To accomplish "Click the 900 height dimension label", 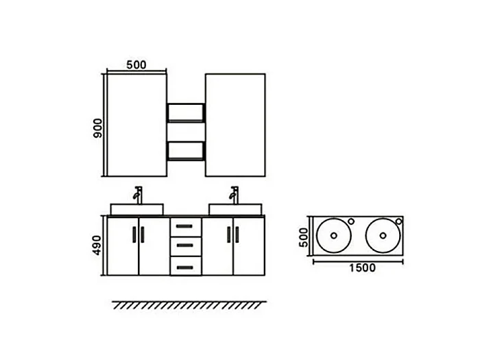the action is click(98, 128).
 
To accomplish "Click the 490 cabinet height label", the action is click(97, 245).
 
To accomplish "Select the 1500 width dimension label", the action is click(363, 268).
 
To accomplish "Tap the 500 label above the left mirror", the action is click(136, 64).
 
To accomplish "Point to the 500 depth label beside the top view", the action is click(304, 237).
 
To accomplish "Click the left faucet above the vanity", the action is click(138, 195).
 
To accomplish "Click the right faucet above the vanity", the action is click(235, 195).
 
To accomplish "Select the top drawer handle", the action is click(184, 226).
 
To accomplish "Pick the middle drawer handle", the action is click(184, 245).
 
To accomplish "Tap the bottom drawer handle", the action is click(184, 267).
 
